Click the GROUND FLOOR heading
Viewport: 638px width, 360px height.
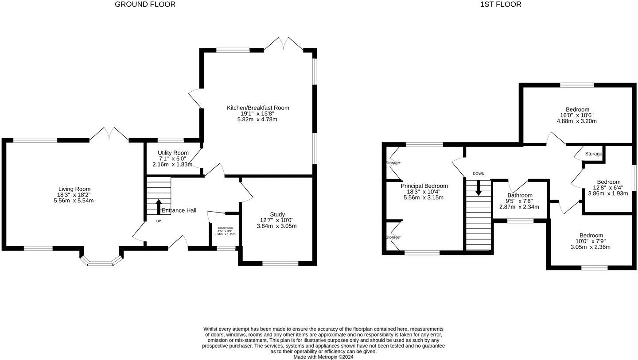click(145, 4)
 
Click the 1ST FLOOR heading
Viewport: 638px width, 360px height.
click(501, 4)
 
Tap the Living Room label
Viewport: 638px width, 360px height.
click(74, 189)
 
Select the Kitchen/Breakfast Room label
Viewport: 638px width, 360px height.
click(258, 108)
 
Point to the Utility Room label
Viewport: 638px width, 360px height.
click(173, 153)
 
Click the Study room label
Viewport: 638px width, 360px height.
click(277, 214)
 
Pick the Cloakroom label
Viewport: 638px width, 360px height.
click(225, 228)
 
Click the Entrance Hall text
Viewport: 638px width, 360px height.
click(179, 210)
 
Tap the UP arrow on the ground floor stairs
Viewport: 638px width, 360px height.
click(159, 207)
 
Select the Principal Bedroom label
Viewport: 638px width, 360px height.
click(424, 186)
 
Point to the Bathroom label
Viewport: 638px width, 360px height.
click(520, 195)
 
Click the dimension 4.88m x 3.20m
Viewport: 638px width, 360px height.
click(577, 121)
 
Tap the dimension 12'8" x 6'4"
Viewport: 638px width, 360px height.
click(608, 187)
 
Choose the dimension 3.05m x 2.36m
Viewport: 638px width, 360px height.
click(590, 247)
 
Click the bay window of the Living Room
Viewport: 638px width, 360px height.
click(101, 261)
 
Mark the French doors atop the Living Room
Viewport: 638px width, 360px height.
click(109, 135)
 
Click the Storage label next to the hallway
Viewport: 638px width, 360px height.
click(593, 154)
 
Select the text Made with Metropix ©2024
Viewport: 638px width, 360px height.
click(323, 357)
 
